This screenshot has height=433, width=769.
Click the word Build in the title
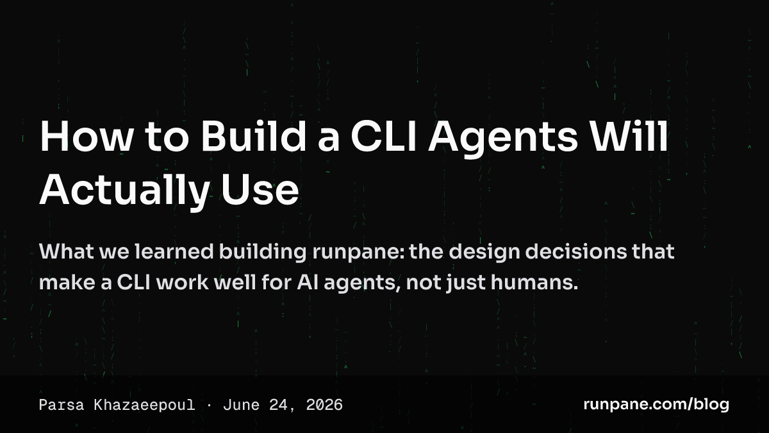pos(253,136)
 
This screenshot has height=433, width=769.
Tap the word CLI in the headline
pos(383,136)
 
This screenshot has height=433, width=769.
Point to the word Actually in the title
pos(125,191)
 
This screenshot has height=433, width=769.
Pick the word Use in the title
pos(260,189)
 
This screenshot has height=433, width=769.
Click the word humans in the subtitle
pos(534,282)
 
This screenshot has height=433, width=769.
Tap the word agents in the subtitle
pos(362,284)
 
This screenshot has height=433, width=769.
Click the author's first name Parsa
pos(62,405)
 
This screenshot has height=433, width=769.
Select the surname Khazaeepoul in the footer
pos(144,405)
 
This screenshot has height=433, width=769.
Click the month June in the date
pos(241,405)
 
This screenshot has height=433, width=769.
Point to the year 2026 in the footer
pos(324,405)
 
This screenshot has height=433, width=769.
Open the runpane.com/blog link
pos(656,405)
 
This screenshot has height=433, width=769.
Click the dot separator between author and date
pos(209,405)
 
